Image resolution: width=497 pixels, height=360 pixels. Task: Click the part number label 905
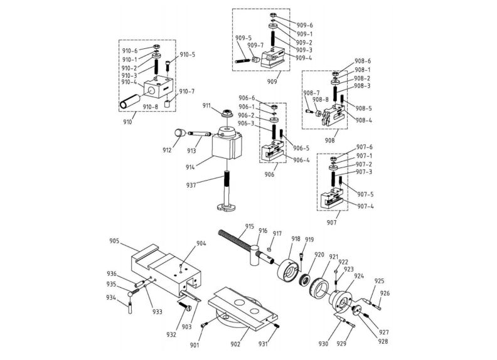(114, 240)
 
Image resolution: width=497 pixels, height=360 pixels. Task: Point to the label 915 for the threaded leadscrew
(249, 226)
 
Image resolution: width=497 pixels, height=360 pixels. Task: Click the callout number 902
(236, 344)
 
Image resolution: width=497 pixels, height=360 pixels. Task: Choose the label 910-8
(151, 107)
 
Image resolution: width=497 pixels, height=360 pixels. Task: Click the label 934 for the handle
(111, 297)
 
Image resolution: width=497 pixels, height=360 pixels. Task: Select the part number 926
(385, 293)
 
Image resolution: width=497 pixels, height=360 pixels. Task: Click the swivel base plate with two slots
(245, 310)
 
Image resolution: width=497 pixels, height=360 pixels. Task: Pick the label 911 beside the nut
(207, 105)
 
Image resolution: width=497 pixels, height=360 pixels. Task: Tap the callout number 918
(296, 239)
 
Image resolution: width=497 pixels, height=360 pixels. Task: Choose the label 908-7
(312, 93)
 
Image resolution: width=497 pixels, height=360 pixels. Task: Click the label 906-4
(301, 161)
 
